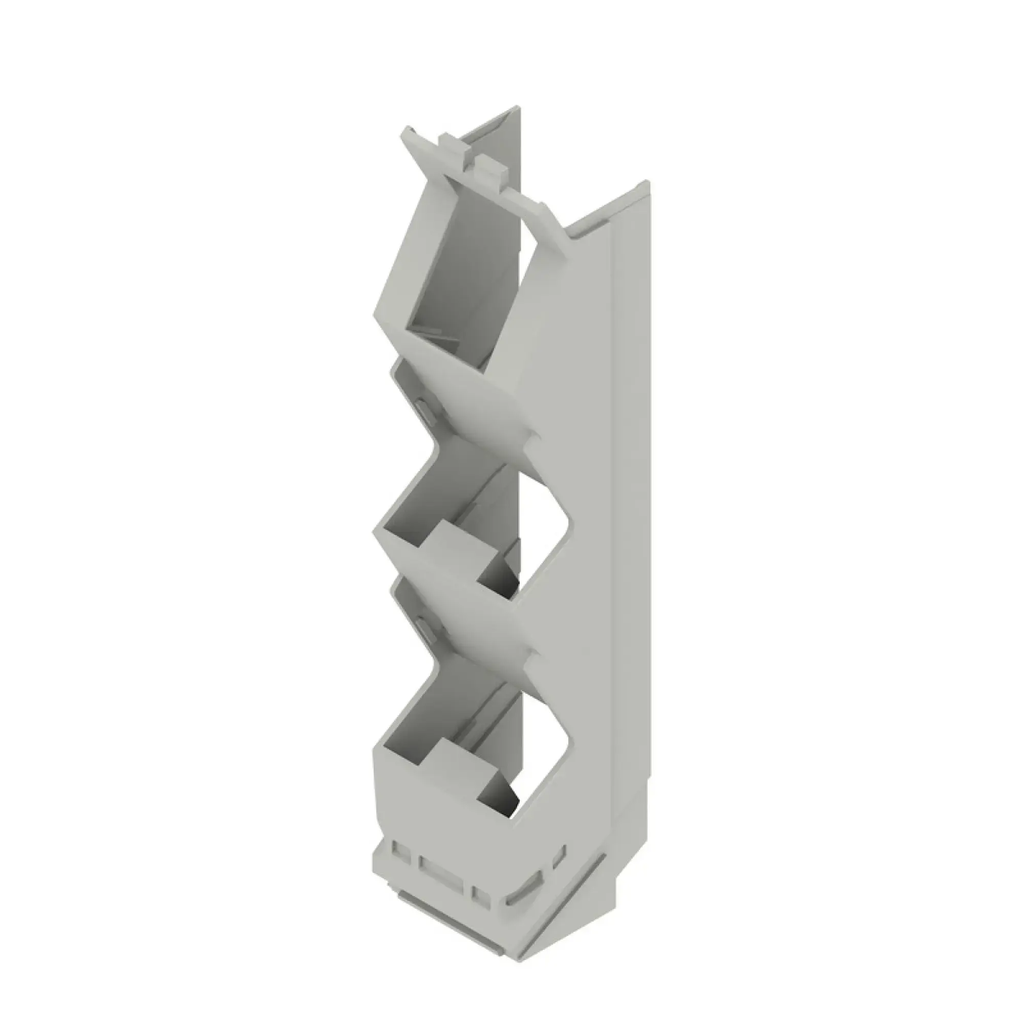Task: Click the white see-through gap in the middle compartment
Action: [x=546, y=525]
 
